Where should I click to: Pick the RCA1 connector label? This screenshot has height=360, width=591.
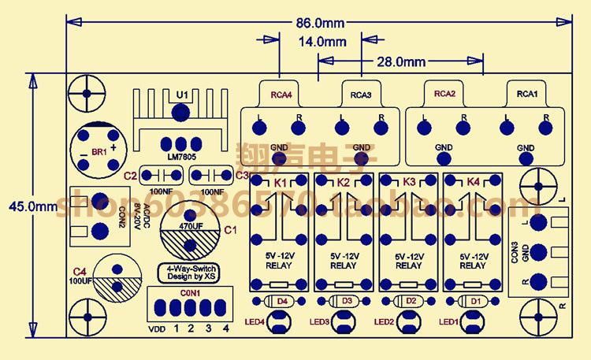(x=526, y=94)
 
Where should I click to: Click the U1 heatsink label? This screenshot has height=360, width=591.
(x=182, y=95)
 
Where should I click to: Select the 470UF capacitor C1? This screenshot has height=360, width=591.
(x=188, y=230)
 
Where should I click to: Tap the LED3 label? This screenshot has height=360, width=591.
(x=319, y=321)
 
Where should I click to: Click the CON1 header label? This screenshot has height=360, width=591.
(x=191, y=293)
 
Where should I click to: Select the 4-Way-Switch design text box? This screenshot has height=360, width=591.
(x=190, y=273)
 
